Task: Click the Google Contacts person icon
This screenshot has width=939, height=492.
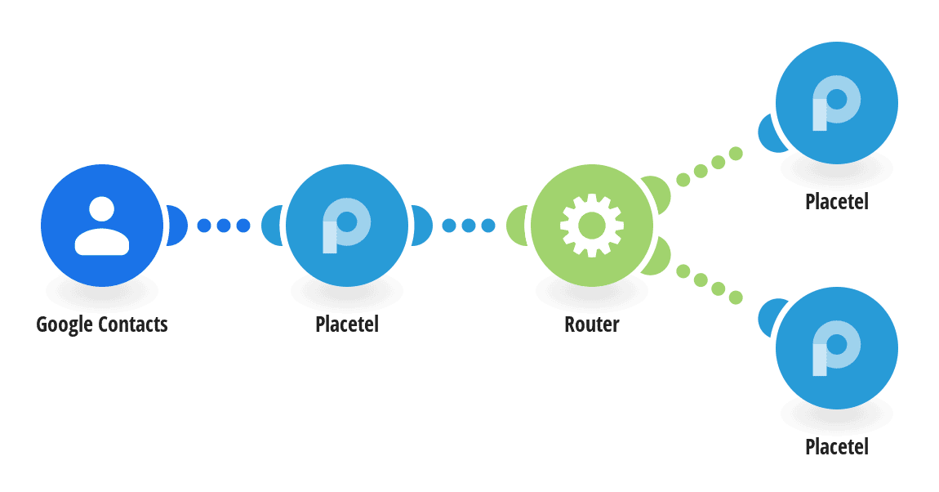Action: tap(102, 226)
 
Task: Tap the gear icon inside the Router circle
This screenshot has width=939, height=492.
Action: tap(592, 226)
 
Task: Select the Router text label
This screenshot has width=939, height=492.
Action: tap(592, 324)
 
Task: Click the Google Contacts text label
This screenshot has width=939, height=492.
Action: tap(102, 324)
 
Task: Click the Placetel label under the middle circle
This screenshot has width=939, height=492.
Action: tap(347, 324)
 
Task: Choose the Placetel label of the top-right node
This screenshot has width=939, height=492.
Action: tap(837, 202)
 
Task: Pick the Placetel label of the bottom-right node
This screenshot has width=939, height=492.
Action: tap(837, 447)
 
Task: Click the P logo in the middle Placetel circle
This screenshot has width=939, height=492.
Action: tap(347, 226)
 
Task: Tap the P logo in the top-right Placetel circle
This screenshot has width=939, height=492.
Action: tap(837, 103)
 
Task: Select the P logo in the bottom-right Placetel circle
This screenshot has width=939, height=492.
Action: tap(837, 348)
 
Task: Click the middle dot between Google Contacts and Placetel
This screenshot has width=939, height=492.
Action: tap(224, 226)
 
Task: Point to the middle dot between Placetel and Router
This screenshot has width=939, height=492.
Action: tap(469, 226)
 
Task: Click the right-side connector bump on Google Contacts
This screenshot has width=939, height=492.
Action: tap(177, 226)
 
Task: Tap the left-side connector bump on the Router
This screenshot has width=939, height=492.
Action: tap(517, 226)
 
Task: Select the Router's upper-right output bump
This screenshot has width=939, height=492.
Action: tap(657, 194)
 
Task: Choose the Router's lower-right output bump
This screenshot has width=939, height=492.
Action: tap(657, 257)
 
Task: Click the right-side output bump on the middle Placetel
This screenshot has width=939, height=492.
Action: tap(422, 226)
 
